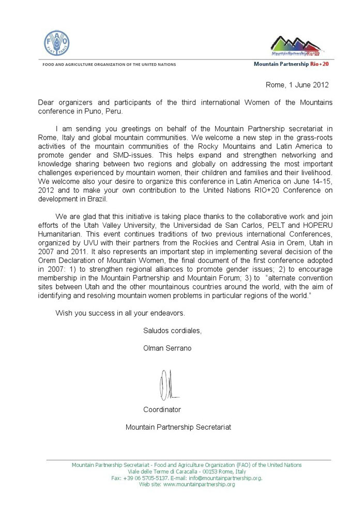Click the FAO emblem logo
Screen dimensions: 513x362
[56, 43]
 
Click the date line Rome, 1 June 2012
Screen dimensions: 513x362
[297, 84]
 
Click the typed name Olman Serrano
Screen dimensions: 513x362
[167, 348]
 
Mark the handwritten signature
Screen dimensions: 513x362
[169, 384]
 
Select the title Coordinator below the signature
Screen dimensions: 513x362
[162, 409]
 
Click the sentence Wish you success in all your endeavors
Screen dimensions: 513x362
[120, 313]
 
